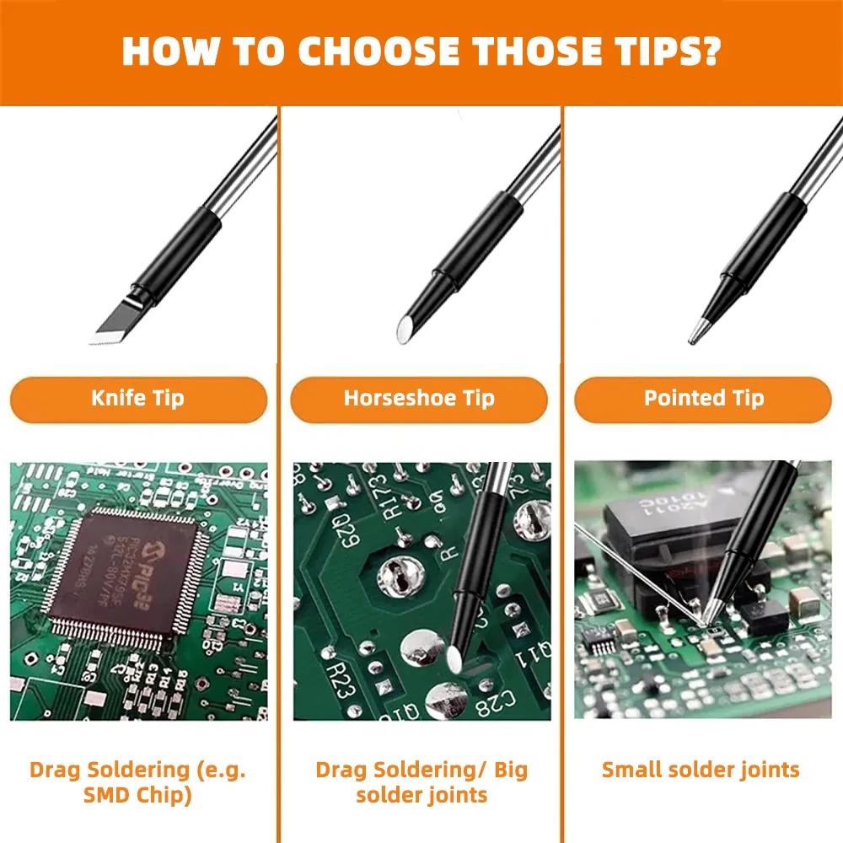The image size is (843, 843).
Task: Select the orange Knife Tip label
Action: (137, 399)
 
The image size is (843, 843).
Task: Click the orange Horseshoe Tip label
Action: (419, 399)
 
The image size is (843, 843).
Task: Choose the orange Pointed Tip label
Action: (703, 399)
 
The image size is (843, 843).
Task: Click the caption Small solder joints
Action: (701, 769)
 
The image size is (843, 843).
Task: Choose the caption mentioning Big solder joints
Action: (421, 781)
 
